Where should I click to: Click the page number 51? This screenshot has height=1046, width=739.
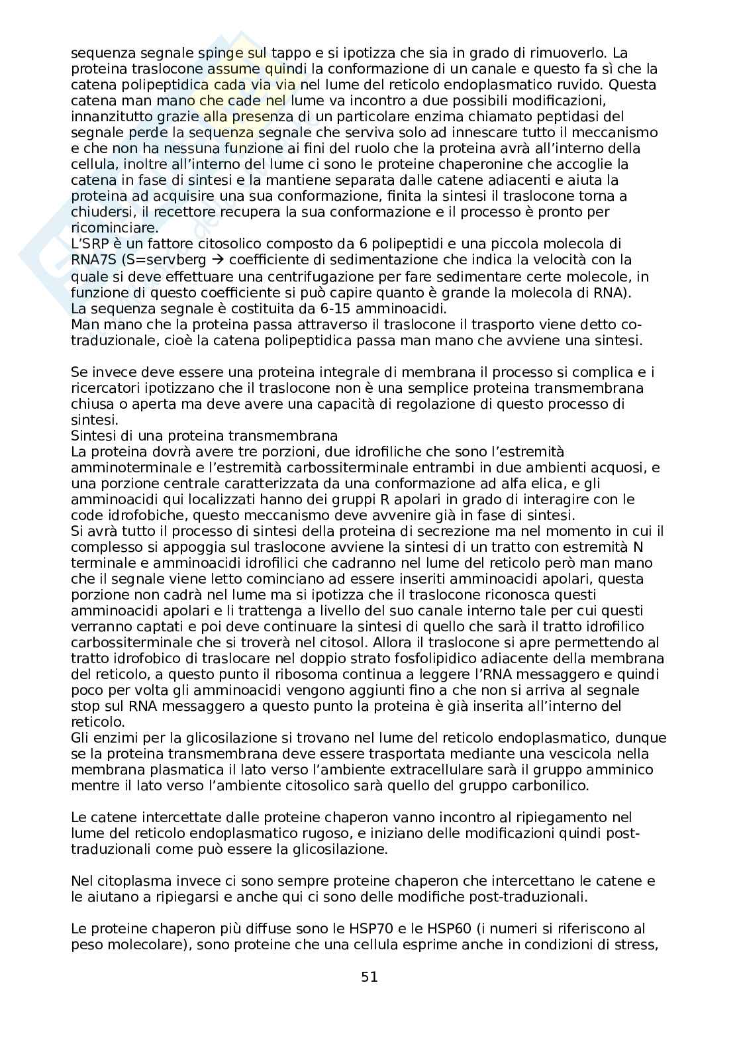[369, 976]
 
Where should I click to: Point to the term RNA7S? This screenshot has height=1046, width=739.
[94, 260]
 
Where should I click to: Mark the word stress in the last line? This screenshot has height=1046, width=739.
[637, 945]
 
